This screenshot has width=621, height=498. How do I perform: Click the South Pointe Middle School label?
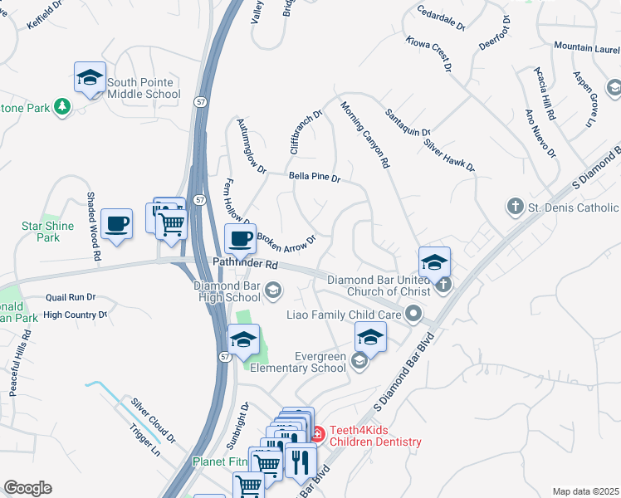coord(143,88)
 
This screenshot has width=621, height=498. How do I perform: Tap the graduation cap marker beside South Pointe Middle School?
coord(90,78)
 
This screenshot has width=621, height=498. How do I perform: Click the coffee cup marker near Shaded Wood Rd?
coord(116,224)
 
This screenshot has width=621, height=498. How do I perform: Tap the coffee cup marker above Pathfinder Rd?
coord(241,240)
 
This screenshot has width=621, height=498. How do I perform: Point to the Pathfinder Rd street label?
coord(245,264)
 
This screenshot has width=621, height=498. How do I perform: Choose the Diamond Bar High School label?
coord(227,291)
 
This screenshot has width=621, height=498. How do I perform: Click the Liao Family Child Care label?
coord(344,315)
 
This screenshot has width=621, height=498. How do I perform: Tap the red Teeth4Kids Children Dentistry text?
coord(375,437)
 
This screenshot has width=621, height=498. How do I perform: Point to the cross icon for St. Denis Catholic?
coord(515,207)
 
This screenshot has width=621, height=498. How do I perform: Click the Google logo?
coord(27,488)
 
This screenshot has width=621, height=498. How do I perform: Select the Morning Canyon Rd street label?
coord(364,135)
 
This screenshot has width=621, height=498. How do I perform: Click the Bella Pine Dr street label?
coord(315,177)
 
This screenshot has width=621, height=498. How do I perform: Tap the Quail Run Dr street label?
coord(71,297)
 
